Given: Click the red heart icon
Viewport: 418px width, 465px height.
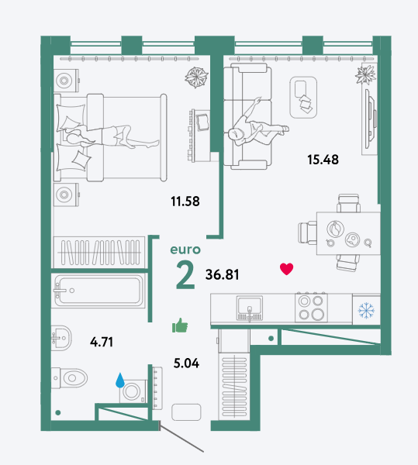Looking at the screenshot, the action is [286, 269].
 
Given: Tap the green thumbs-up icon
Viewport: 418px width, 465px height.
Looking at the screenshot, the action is [180, 325].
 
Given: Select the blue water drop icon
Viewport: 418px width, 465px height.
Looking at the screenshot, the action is [120, 381].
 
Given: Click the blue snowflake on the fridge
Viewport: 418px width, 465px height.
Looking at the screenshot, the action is [366, 311].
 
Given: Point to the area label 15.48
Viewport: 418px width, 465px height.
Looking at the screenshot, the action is [323, 160].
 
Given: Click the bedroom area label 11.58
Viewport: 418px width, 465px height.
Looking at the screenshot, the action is [185, 201].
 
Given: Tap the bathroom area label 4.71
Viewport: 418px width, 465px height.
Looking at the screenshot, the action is [102, 342].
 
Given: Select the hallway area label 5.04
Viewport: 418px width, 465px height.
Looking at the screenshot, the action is [186, 363].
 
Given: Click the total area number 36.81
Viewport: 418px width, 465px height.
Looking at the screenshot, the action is [223, 274].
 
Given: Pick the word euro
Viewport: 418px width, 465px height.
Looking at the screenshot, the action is [185, 250].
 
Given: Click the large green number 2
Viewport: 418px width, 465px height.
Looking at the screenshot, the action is [185, 275].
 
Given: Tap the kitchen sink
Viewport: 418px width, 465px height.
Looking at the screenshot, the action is [250, 308].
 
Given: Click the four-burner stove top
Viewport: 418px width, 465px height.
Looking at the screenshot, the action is [311, 307].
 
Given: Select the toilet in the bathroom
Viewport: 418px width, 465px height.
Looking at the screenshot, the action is [70, 378].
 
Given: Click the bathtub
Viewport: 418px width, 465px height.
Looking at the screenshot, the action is [98, 291].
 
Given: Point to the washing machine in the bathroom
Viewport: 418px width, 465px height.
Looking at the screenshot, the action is [133, 391].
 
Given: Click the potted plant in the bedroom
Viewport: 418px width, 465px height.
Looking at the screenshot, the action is [196, 77].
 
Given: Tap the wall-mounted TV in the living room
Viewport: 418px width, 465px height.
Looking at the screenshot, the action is [370, 119].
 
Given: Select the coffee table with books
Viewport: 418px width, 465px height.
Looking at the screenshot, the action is [303, 98].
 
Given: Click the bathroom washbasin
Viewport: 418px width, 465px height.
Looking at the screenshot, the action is [61, 338].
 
